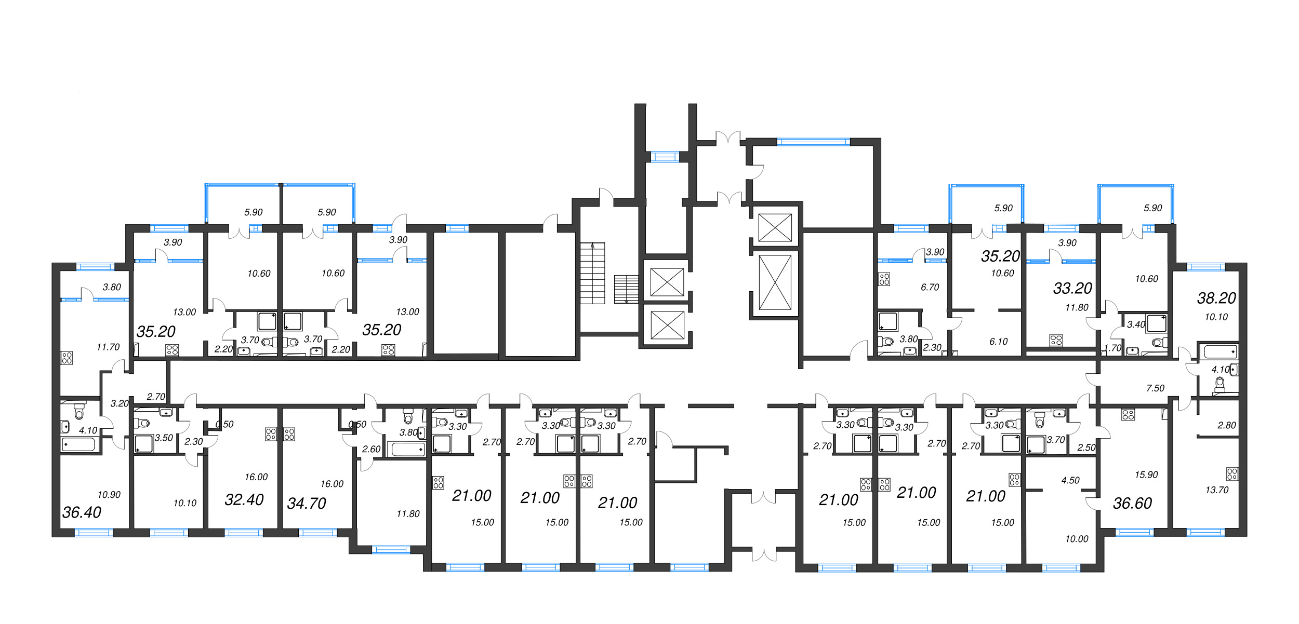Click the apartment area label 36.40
pyautogui.click(x=82, y=513)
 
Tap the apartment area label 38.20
pyautogui.click(x=1216, y=299)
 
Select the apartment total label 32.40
pyautogui.click(x=244, y=500)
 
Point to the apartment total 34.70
pyautogui.click(x=307, y=504)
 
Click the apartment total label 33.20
pyautogui.click(x=1072, y=289)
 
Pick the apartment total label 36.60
pyautogui.click(x=1132, y=504)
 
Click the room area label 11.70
pyautogui.click(x=108, y=347)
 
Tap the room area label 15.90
pyautogui.click(x=1146, y=475)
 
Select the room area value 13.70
pyautogui.click(x=1217, y=490)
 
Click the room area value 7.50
pyautogui.click(x=1155, y=388)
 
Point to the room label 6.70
pyautogui.click(x=930, y=288)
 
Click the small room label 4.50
pyautogui.click(x=1070, y=481)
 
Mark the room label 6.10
pyautogui.click(x=998, y=342)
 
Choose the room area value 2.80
pyautogui.click(x=1227, y=426)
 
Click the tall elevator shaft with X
pyautogui.click(x=775, y=282)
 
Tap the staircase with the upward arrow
pyautogui.click(x=592, y=273)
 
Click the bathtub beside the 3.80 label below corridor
pyautogui.click(x=408, y=449)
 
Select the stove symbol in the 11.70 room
pyautogui.click(x=67, y=358)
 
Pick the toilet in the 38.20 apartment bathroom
pyautogui.click(x=1220, y=385)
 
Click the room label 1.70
pyautogui.click(x=1112, y=348)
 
